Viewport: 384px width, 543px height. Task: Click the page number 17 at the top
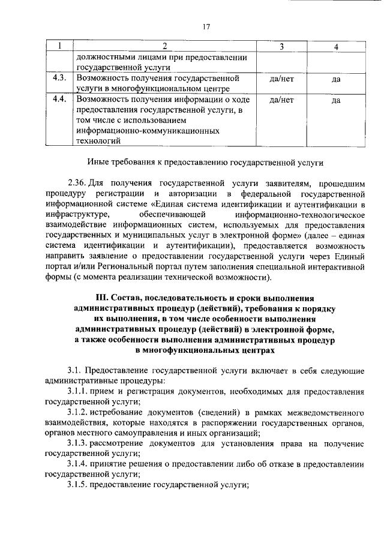pyautogui.click(x=206, y=26)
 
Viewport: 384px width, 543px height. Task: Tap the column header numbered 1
pyautogui.click(x=59, y=46)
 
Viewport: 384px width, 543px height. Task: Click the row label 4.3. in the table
pyautogui.click(x=59, y=79)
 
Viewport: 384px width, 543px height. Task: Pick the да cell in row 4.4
pyautogui.click(x=335, y=100)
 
